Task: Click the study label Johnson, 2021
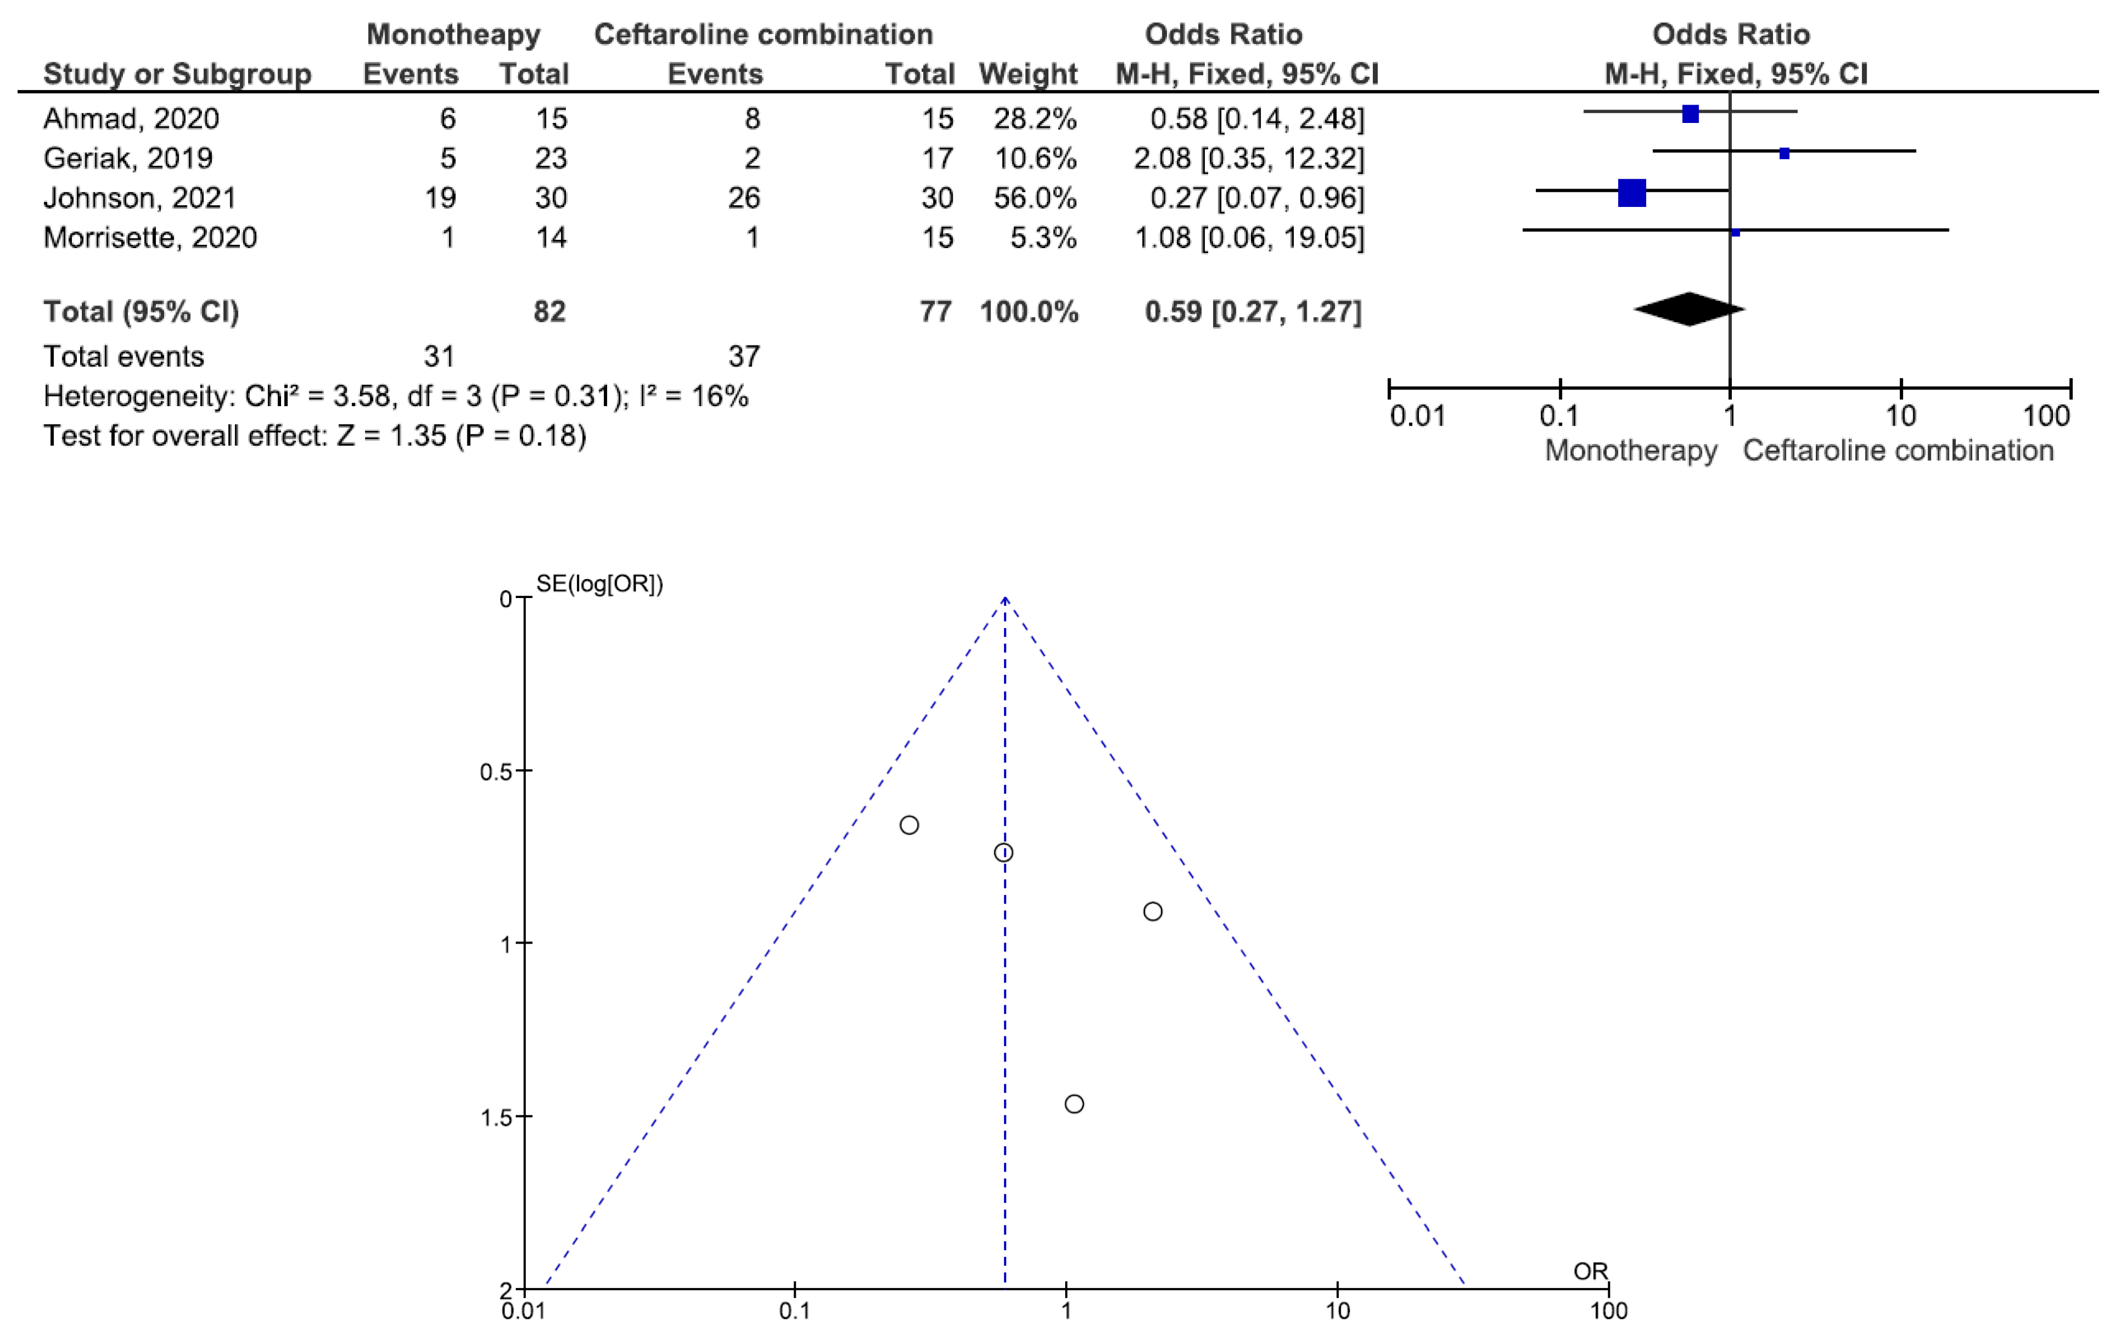[140, 197]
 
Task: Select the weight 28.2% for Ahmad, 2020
[1034, 119]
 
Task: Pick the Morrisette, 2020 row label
[150, 237]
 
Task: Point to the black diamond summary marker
[1688, 309]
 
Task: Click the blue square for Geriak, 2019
[1784, 154]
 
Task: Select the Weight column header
[1027, 73]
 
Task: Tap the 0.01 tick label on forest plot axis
[1416, 415]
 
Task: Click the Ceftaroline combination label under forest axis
[1897, 450]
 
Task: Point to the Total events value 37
[743, 356]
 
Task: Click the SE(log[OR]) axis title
[599, 584]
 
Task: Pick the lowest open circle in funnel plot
[1074, 1104]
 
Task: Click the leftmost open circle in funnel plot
[909, 824]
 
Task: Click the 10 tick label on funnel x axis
[1337, 1311]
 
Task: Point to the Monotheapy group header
[453, 34]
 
